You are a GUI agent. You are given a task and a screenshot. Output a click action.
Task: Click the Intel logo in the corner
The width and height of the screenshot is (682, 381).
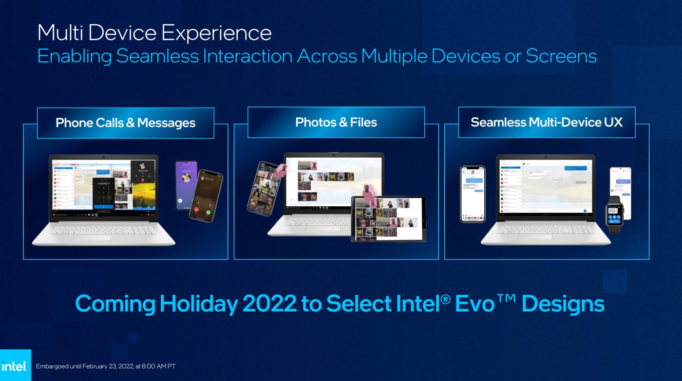[15, 366]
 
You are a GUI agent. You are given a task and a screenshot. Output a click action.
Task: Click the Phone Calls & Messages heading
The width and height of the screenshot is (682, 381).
[126, 123]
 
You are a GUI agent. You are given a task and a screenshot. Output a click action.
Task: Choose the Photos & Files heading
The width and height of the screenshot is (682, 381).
[336, 122]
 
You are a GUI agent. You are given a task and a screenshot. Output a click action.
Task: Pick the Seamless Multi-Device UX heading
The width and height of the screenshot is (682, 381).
[547, 122]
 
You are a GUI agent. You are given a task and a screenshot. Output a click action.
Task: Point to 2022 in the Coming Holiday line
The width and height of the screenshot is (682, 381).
[267, 304]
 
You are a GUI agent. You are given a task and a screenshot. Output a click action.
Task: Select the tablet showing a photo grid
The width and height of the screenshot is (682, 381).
[388, 218]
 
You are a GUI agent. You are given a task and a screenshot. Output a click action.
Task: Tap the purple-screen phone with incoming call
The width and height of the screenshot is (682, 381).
[185, 184]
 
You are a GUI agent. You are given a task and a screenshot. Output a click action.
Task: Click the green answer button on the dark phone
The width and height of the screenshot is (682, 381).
[208, 212]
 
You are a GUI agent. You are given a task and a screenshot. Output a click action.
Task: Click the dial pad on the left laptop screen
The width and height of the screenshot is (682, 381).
[103, 196]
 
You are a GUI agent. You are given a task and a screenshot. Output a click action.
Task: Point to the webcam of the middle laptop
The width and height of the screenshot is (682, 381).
[334, 155]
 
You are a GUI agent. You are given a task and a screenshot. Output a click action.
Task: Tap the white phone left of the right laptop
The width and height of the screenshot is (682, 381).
[473, 194]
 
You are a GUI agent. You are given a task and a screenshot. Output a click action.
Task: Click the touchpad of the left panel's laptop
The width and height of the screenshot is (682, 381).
[103, 237]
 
